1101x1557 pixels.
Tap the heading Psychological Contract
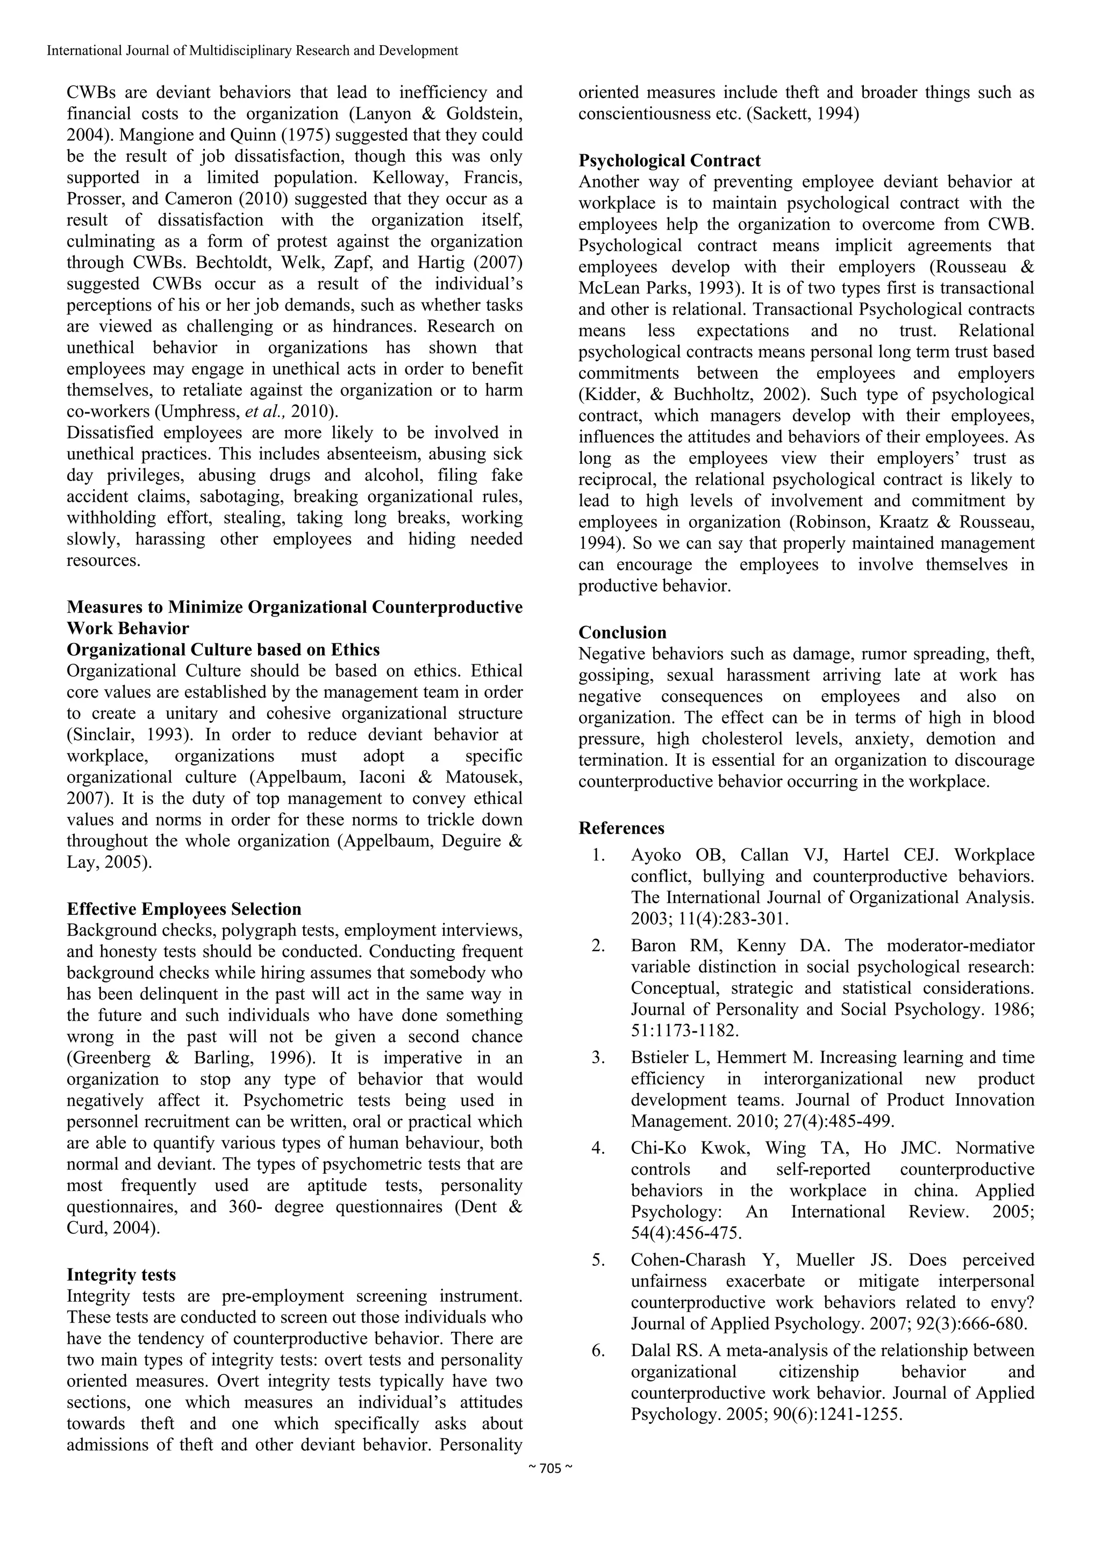pos(669,161)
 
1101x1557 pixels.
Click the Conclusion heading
pos(622,633)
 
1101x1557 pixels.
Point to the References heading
pos(621,828)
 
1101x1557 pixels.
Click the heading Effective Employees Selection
pos(184,909)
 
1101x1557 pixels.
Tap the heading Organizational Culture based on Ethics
pos(223,650)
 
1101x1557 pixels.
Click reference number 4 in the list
pos(598,1148)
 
